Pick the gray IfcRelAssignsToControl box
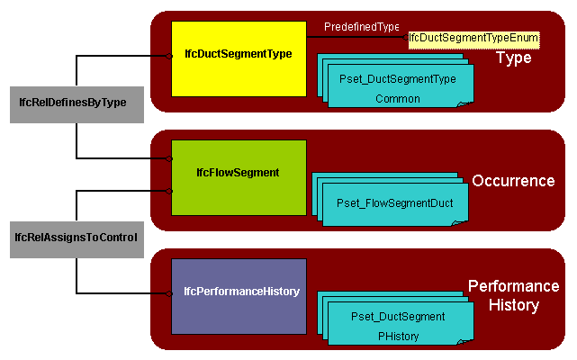click(x=77, y=238)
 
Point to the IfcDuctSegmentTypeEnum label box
click(x=473, y=39)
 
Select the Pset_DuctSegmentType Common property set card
click(x=398, y=87)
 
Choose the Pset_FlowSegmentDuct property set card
click(x=395, y=204)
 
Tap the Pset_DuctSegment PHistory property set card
click(x=398, y=326)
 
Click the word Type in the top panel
click(x=514, y=58)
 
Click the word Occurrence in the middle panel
click(x=513, y=181)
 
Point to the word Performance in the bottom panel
click(x=513, y=286)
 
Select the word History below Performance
click(x=513, y=306)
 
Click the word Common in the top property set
click(x=398, y=99)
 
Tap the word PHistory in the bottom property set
click(x=398, y=337)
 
